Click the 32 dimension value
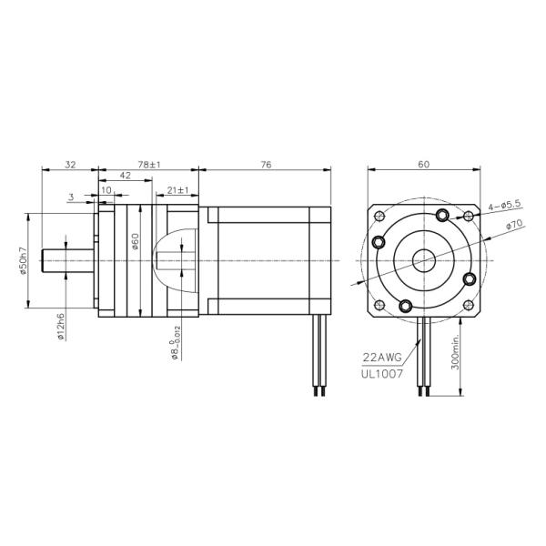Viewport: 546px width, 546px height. tap(70, 165)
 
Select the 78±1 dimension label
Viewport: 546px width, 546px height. tap(148, 165)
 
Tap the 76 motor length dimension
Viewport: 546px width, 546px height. tap(266, 165)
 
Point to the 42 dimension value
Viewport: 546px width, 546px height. tap(126, 177)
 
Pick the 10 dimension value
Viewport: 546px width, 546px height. tap(106, 191)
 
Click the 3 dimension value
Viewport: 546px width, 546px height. tap(71, 196)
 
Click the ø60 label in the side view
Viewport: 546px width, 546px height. tap(134, 242)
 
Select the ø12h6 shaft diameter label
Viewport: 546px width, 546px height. tap(59, 325)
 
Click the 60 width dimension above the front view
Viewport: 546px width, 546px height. tap(423, 165)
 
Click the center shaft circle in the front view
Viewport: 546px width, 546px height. tap(423, 260)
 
